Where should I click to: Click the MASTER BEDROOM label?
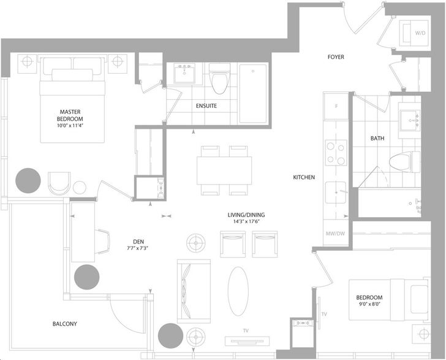coord(70,115)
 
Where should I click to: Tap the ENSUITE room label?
coord(206,106)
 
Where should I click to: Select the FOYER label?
coord(336,57)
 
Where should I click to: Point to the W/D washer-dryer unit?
coord(414,33)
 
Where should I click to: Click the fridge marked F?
coord(336,106)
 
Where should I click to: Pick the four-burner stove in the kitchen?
coord(336,153)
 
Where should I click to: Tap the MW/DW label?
coord(335,234)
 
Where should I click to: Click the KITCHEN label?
coord(304,177)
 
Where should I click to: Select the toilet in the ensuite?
coord(219,79)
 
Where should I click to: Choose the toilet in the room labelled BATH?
coord(404,162)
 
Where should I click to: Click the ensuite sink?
coord(184,74)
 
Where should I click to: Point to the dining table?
coord(224,170)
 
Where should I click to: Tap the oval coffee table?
coord(238,291)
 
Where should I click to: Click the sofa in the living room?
coord(194,291)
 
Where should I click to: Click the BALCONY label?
coord(65,324)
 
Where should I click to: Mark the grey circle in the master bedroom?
coord(28,180)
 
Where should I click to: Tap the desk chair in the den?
coord(102,241)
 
